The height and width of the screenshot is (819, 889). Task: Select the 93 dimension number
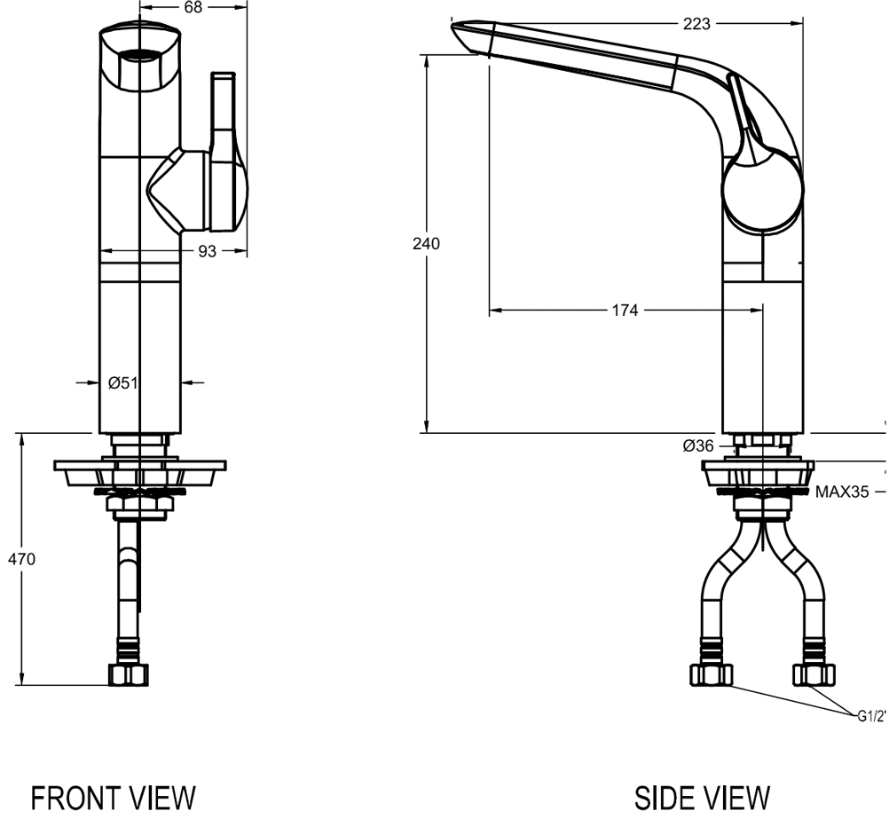click(x=207, y=251)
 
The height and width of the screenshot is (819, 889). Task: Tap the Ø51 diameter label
click(x=122, y=383)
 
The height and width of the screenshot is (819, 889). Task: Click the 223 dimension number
click(x=696, y=24)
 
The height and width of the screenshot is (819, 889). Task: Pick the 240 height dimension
click(x=427, y=243)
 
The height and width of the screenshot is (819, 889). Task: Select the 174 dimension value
click(x=625, y=311)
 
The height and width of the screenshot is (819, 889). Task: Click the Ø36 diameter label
click(x=698, y=446)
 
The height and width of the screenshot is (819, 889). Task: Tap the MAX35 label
click(x=842, y=491)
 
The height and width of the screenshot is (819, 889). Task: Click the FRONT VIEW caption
click(x=113, y=796)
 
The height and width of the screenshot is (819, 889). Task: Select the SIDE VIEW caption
click(x=702, y=796)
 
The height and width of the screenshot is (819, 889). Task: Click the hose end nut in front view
click(x=128, y=674)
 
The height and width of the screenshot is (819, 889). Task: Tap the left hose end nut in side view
click(x=712, y=674)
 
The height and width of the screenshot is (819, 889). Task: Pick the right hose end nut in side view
click(x=813, y=674)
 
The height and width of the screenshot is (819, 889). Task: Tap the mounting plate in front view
click(x=140, y=465)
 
